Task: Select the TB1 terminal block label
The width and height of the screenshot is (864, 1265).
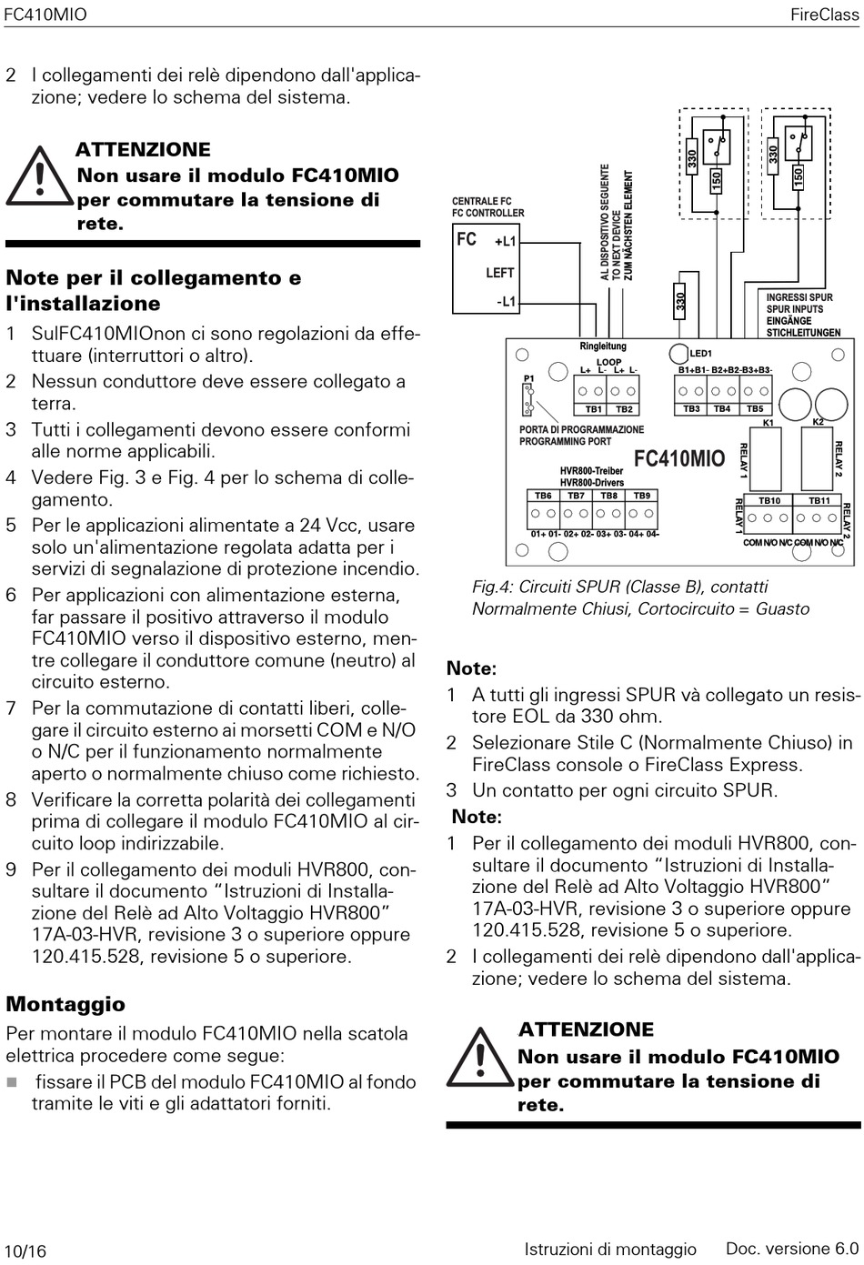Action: point(593,409)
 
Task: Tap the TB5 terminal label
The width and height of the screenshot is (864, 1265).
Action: point(755,409)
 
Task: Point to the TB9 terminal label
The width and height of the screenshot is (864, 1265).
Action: point(642,496)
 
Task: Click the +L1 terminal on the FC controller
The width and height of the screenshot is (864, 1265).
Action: point(505,242)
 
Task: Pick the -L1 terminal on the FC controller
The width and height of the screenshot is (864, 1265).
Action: point(506,301)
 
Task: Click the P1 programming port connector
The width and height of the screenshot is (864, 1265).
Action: point(528,397)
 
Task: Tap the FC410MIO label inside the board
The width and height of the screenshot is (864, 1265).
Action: point(678,458)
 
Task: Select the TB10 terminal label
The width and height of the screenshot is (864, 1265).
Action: point(769,500)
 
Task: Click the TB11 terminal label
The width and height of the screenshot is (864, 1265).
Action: point(819,500)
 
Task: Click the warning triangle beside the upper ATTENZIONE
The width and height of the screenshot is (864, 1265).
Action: point(37,177)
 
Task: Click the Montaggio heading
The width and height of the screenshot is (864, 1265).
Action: point(65,1004)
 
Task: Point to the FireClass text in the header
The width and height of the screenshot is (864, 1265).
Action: point(824,15)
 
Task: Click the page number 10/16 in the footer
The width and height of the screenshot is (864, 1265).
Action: point(25,1250)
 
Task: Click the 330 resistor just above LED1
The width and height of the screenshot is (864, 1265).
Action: point(680,299)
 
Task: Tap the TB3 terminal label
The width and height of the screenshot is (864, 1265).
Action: point(692,409)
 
